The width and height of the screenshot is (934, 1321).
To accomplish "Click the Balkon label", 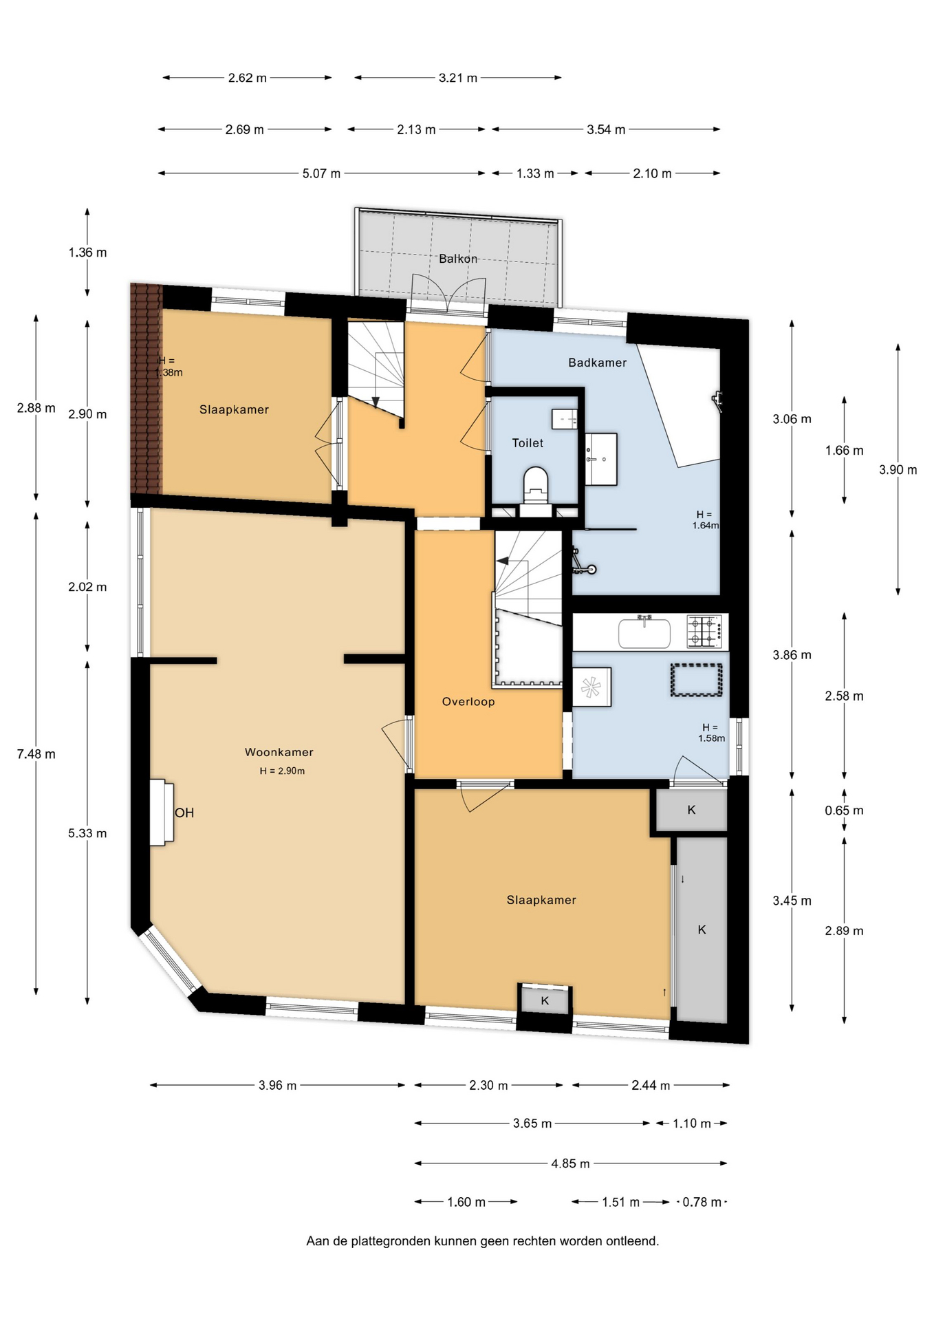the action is click(458, 259).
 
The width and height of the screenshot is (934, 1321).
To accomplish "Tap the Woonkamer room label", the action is click(279, 752).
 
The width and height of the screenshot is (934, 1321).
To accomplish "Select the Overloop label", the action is click(468, 702).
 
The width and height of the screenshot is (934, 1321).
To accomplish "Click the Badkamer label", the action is click(597, 363).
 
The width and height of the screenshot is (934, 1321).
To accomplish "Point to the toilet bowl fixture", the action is click(535, 484).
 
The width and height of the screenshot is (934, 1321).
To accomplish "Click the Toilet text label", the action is click(528, 443).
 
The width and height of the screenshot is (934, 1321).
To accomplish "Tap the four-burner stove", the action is click(705, 631).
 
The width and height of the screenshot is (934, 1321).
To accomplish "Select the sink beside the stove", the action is click(644, 632).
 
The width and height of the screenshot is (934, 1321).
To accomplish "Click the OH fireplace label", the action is click(184, 813).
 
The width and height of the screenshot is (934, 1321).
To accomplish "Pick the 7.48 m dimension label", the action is click(36, 754).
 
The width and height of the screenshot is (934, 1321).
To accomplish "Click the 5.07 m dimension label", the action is click(321, 173).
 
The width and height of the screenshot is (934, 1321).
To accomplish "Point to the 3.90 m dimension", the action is click(898, 470).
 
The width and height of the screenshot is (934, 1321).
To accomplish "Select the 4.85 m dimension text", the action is click(570, 1163).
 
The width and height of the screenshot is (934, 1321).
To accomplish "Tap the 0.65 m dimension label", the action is click(844, 810).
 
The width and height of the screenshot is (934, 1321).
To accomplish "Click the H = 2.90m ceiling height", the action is click(282, 771).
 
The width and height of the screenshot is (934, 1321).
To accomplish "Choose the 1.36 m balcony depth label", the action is click(87, 253).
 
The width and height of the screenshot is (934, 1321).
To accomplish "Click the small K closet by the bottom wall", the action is click(545, 1000).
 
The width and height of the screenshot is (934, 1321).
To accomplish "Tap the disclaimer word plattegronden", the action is click(391, 1241).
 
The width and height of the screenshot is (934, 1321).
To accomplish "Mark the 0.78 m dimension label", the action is click(702, 1202).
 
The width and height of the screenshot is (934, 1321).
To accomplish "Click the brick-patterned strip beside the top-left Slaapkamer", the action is click(146, 388).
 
